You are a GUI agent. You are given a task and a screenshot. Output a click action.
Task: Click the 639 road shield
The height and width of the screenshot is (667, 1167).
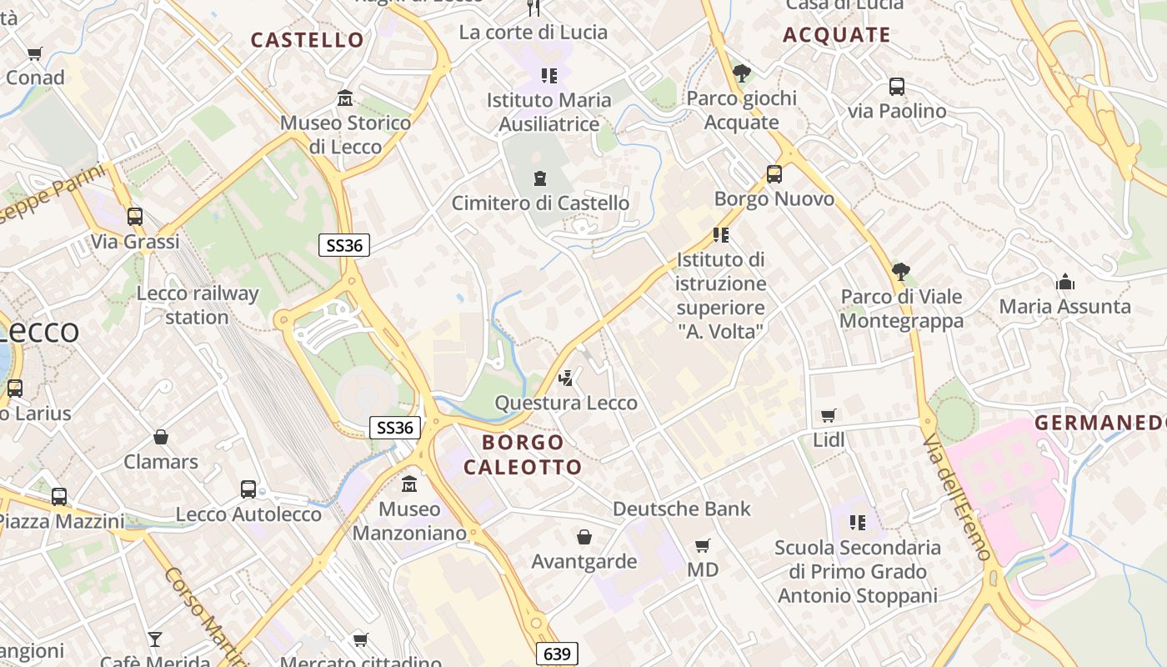pyautogui.click(x=556, y=654)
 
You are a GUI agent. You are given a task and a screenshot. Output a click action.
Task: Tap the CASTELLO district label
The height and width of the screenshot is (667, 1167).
pyautogui.click(x=308, y=40)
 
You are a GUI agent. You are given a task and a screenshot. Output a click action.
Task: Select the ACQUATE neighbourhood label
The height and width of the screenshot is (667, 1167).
pyautogui.click(x=837, y=35)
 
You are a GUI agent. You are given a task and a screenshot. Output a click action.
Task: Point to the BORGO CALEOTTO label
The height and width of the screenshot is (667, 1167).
pyautogui.click(x=523, y=454)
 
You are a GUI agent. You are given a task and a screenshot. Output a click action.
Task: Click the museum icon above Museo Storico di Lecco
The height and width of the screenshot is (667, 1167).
pyautogui.click(x=345, y=98)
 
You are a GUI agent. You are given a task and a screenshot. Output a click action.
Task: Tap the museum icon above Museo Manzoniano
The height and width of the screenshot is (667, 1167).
pyautogui.click(x=409, y=484)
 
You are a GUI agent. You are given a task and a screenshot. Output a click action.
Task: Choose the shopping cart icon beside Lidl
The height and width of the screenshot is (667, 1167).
pyautogui.click(x=829, y=415)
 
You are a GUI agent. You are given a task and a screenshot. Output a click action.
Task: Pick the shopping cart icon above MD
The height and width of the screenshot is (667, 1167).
pyautogui.click(x=703, y=545)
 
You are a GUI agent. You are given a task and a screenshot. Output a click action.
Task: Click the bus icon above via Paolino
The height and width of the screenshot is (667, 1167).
pyautogui.click(x=897, y=86)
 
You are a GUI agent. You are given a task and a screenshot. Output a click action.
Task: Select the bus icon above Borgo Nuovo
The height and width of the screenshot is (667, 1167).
pyautogui.click(x=774, y=174)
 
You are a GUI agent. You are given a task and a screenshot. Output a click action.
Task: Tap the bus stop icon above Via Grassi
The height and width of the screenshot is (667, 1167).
pyautogui.click(x=135, y=217)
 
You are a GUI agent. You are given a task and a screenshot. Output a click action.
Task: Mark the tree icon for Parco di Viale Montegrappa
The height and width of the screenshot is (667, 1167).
pyautogui.click(x=900, y=272)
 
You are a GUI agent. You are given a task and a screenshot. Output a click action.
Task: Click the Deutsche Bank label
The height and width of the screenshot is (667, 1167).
pyautogui.click(x=681, y=509)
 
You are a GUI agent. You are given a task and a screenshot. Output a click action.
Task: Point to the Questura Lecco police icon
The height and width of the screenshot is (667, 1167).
pyautogui.click(x=566, y=379)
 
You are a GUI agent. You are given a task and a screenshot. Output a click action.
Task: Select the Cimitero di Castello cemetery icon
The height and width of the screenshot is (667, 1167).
pyautogui.click(x=540, y=178)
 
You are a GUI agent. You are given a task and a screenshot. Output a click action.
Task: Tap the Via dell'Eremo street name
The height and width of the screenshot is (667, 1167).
pyautogui.click(x=957, y=497)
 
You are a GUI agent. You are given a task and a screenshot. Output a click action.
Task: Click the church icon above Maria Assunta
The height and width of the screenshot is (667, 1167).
pyautogui.click(x=1064, y=282)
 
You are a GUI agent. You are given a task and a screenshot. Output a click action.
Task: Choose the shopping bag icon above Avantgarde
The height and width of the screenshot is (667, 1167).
pyautogui.click(x=584, y=537)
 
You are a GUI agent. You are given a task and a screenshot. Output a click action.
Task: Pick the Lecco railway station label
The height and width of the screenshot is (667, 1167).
pyautogui.click(x=198, y=305)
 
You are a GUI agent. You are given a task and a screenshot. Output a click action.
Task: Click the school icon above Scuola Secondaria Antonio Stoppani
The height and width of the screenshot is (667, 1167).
pyautogui.click(x=857, y=523)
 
